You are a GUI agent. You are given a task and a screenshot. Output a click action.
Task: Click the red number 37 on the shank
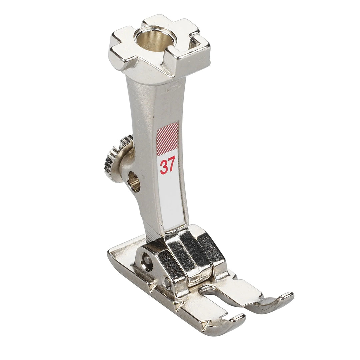click(168, 165)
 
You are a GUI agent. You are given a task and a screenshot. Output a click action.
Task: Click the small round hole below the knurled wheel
click(134, 183)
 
